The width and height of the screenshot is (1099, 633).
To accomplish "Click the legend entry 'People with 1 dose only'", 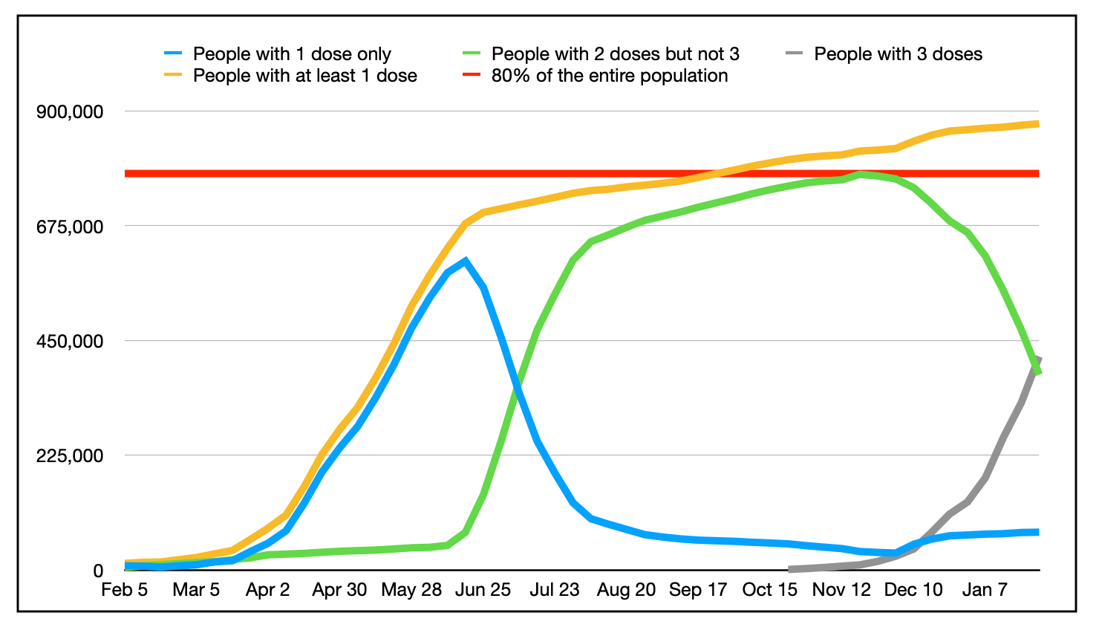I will [x=291, y=54].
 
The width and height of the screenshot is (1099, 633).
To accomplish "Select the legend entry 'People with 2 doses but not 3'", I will [x=615, y=54].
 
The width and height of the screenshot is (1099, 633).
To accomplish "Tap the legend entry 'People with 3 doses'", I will [x=898, y=54].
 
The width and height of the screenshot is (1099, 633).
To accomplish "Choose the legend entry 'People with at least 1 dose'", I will [x=304, y=76].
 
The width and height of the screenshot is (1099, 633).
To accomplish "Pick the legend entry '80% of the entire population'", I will [x=609, y=76].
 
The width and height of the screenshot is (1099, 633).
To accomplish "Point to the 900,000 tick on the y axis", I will [x=70, y=111].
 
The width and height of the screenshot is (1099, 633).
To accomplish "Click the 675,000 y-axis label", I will [x=70, y=227].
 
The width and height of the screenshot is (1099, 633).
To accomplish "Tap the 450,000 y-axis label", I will [x=70, y=341].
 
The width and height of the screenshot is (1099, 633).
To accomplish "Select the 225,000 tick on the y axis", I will [x=70, y=455].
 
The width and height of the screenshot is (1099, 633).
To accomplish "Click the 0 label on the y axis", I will [x=97, y=571].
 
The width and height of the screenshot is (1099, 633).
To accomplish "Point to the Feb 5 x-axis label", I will [x=125, y=590].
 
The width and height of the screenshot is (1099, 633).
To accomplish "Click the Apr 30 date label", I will [x=339, y=590].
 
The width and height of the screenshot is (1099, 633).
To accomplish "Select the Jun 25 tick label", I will [x=483, y=590].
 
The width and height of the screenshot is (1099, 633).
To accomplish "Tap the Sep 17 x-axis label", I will [x=698, y=590].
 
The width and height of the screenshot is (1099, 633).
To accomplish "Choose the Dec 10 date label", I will [x=913, y=590].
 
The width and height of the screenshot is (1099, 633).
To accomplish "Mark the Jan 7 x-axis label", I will [x=985, y=590].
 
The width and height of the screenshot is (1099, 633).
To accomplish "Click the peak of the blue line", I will [x=466, y=261].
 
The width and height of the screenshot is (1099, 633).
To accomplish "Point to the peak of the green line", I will [x=861, y=175].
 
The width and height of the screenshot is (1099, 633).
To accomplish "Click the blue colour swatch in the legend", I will [x=173, y=54].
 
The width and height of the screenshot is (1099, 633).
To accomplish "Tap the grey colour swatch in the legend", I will [x=795, y=54].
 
